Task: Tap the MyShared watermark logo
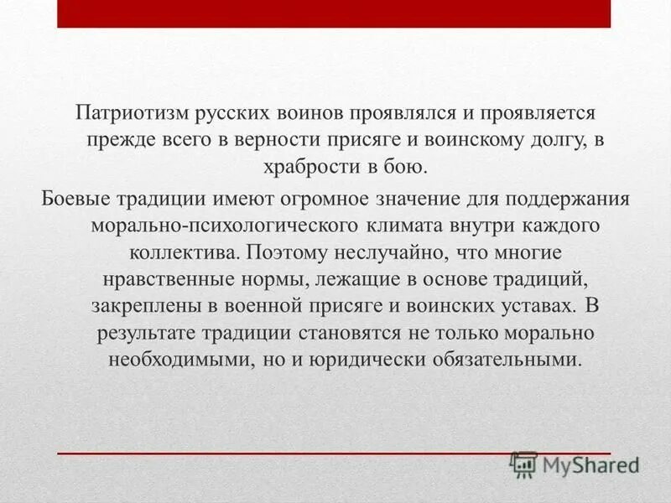coord(575,464)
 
